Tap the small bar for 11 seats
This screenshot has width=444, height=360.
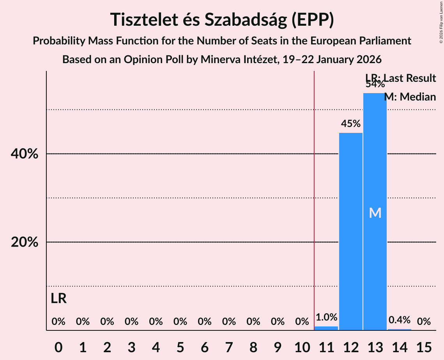[326, 328]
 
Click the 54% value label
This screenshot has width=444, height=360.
[375, 84]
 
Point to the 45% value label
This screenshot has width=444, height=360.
[351, 124]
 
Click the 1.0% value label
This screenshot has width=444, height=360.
[326, 318]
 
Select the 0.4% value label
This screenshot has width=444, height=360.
[400, 320]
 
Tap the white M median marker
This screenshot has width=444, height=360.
[375, 213]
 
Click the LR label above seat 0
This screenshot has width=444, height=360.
[58, 299]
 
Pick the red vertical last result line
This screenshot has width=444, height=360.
[314, 195]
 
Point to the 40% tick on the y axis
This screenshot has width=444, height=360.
[25, 154]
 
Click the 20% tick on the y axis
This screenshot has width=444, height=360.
[25, 242]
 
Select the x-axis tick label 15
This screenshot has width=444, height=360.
[424, 346]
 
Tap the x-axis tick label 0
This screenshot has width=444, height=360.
[58, 346]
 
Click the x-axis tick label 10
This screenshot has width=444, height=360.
[302, 346]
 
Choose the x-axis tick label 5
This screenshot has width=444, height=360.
[180, 346]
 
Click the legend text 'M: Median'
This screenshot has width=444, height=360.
[410, 97]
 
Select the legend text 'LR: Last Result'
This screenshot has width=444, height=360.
[401, 78]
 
